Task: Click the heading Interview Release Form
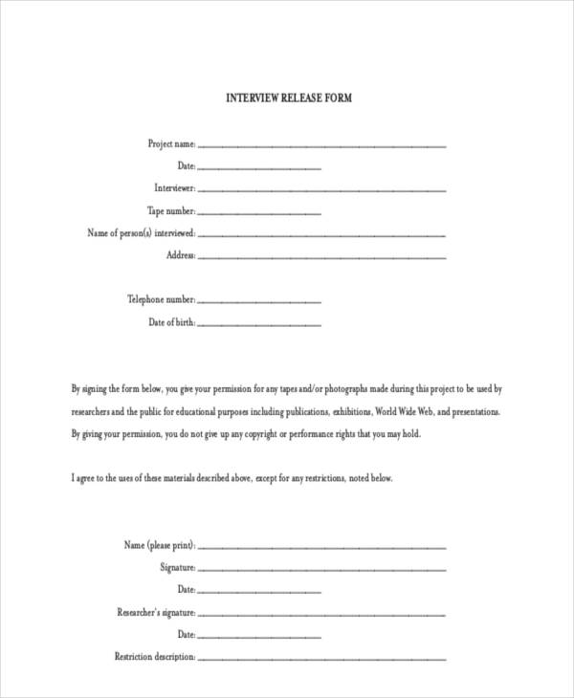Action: [x=288, y=98]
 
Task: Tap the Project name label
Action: [x=171, y=144]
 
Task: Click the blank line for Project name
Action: [x=321, y=146]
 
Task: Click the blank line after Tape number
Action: [x=259, y=213]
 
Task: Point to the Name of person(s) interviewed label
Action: [x=142, y=233]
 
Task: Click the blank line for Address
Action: [x=321, y=257]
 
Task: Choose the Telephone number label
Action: [x=162, y=300]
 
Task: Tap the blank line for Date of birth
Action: [x=259, y=325]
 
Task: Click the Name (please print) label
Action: [x=160, y=545]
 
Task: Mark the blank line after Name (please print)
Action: [x=321, y=547]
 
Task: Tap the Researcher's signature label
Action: [x=157, y=612]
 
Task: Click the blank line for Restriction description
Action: [x=321, y=659]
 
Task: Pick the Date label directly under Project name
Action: [x=187, y=166]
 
